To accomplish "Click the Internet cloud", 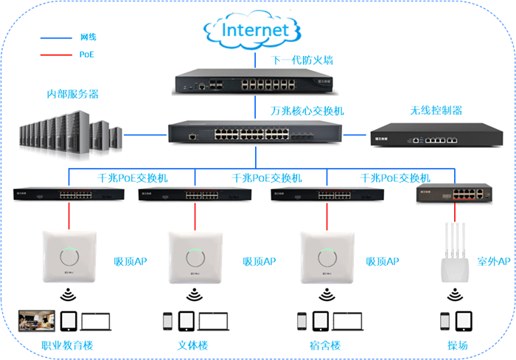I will [254, 30].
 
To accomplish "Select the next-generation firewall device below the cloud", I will [255, 83].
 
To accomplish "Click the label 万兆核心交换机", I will [307, 111].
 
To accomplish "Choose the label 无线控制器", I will [436, 111].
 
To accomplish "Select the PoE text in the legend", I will [86, 55].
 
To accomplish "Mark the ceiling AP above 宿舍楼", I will [326, 257].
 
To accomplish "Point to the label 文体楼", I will [195, 345].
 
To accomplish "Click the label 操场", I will [458, 345].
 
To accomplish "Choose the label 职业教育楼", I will [68, 345].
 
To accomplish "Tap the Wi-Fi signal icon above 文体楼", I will [195, 296].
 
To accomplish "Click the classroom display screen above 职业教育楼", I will [37, 321].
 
